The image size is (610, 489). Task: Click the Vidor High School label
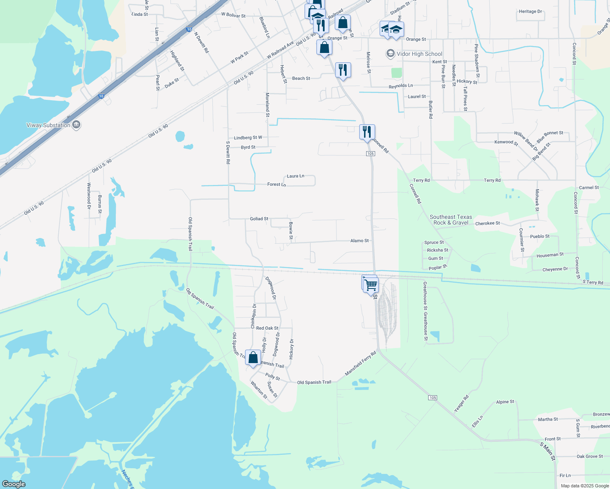419,54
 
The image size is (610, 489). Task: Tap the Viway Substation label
48,125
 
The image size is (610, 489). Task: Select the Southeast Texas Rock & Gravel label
451,220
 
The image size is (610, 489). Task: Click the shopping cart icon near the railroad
371,285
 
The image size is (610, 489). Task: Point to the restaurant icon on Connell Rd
367,132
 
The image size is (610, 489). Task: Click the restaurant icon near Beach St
343,70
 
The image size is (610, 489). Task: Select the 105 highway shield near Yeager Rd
433,397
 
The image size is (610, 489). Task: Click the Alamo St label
359,241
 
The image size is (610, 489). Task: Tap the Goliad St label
259,219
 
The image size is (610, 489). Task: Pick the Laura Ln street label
296,176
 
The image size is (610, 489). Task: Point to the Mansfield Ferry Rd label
360,364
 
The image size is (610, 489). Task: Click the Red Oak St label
267,328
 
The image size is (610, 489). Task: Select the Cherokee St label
487,223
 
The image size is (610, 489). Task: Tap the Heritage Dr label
530,11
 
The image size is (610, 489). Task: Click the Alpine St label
505,402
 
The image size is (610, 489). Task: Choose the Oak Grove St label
590,456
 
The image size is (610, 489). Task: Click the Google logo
14,484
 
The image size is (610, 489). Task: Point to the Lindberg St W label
248,138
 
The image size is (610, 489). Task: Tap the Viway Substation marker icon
76,125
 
